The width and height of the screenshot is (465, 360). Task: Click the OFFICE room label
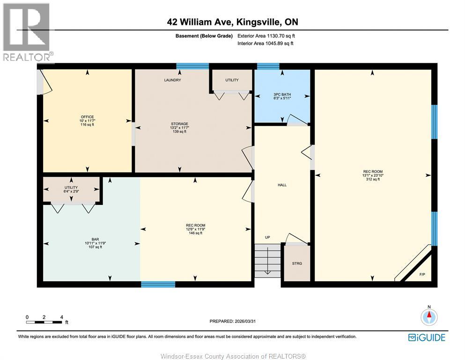point(87,117)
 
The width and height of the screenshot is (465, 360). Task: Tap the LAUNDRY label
point(172,80)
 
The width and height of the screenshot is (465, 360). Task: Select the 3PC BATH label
point(282,95)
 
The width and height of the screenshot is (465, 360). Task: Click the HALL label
point(282,185)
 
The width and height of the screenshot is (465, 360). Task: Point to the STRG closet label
point(297,263)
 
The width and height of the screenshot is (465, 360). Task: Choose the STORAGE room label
point(179,124)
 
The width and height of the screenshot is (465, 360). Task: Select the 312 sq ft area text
point(373,179)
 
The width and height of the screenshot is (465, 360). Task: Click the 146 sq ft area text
point(195,233)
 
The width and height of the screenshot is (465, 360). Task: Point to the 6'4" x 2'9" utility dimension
point(71,191)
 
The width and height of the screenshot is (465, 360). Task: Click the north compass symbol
point(428,317)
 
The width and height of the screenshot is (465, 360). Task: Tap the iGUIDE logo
point(427,337)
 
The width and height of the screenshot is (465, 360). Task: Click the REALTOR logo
point(27,33)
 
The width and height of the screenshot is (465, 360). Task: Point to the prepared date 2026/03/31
point(232,321)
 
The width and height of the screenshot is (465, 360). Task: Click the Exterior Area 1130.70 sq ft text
point(266,36)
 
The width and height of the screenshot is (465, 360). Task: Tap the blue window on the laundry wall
point(192,66)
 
